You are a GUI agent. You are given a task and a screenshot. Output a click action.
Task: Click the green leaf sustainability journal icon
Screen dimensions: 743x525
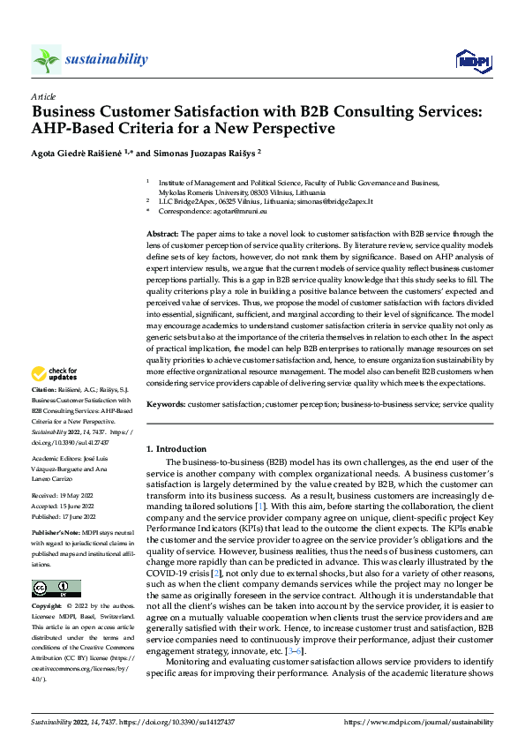tap(46, 59)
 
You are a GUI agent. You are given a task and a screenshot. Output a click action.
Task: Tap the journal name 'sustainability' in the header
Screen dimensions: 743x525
tap(106, 59)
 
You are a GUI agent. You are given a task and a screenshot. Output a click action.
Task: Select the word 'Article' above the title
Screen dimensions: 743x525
tap(43, 96)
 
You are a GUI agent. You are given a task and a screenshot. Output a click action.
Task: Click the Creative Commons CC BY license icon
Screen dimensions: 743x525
tap(56, 589)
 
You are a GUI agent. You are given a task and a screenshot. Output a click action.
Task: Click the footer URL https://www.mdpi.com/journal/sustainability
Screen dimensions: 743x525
tap(417, 722)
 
